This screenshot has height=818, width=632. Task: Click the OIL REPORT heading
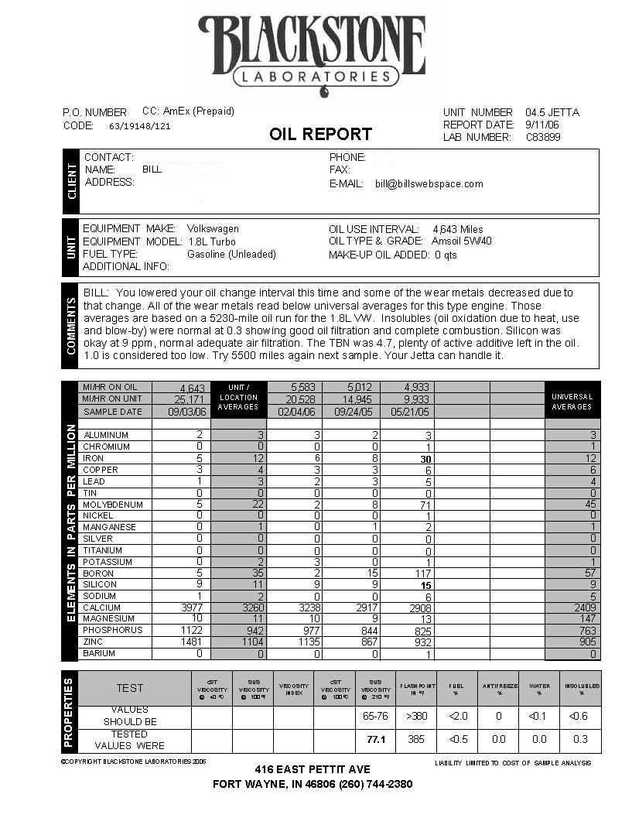tap(320, 134)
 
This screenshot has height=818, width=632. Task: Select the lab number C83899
tap(543, 137)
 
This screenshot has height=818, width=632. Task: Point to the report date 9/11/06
tap(541, 125)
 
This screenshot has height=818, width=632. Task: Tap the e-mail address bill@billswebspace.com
tap(429, 184)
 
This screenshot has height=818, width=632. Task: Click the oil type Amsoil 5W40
tap(463, 241)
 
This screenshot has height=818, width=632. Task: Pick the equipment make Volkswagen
tap(213, 229)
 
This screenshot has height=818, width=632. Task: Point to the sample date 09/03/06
tap(180, 412)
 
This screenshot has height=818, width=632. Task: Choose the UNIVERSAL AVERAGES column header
tap(572, 401)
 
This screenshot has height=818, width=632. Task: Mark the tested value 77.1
tap(375, 739)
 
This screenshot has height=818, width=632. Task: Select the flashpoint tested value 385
tap(416, 739)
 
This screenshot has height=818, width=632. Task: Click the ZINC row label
tap(95, 642)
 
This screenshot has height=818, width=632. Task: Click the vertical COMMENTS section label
tap(72, 326)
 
